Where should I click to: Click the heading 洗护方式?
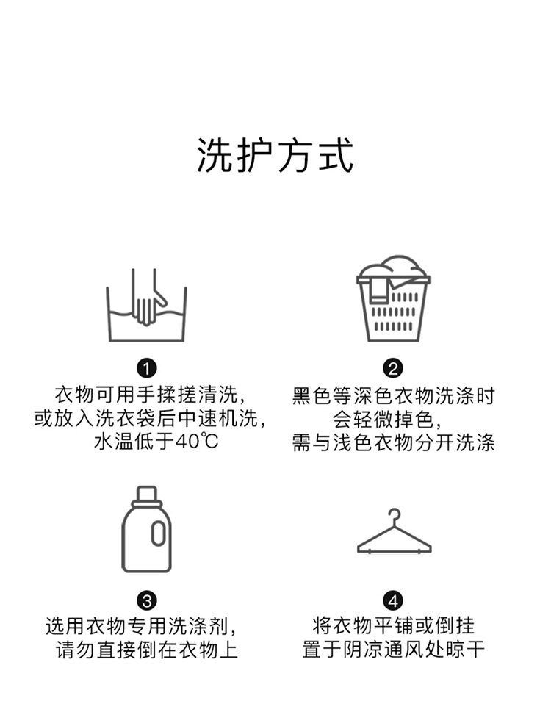pos(275,156)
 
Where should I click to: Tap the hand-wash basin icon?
pos(146,305)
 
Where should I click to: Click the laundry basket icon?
pos(394,298)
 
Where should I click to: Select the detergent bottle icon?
pos(146,529)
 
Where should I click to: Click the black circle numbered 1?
pos(147,368)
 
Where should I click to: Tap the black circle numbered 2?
pos(393,368)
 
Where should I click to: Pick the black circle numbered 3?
pos(147,600)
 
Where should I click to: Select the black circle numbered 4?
pos(393,600)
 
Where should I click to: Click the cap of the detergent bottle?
pos(146,495)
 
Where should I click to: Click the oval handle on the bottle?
pos(158,533)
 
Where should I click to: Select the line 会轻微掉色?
pos(387,419)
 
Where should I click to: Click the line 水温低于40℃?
pos(156,441)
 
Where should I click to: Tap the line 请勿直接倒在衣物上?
pos(147,650)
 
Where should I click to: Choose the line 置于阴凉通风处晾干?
pos(393,650)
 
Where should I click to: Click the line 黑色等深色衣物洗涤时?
pos(393,396)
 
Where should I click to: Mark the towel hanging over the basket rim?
pos(378,290)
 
